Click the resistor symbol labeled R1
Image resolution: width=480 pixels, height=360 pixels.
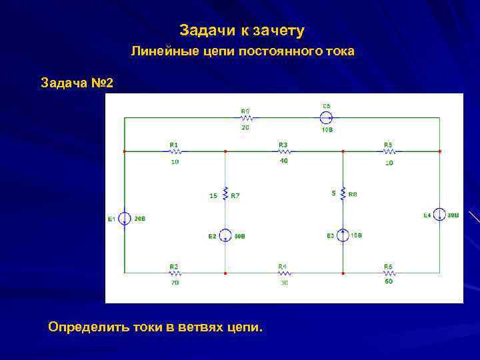[174, 151]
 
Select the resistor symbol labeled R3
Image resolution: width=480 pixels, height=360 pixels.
[283, 151]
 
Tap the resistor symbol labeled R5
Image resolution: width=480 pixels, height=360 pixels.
[388, 151]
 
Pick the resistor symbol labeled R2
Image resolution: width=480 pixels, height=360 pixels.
[174, 273]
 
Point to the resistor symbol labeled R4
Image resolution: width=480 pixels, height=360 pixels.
[283, 273]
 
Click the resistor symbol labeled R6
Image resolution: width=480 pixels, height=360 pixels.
[388, 273]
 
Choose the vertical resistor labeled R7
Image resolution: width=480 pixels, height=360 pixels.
[226, 194]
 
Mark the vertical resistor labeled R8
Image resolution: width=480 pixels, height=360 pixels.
[343, 194]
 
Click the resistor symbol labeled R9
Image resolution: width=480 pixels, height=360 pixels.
[245, 118]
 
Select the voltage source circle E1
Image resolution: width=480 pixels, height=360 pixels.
[125, 219]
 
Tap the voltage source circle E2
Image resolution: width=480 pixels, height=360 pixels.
[226, 235]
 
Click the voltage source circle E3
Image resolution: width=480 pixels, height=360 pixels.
[343, 235]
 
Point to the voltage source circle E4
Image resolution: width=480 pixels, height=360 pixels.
[439, 215]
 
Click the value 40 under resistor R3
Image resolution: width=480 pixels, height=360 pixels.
[283, 161]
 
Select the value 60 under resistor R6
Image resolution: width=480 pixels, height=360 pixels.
[388, 283]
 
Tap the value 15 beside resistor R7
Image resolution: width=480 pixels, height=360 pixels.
[213, 195]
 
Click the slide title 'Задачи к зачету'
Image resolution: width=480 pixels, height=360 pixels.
[242, 31]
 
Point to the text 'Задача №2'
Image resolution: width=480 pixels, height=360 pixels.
[77, 83]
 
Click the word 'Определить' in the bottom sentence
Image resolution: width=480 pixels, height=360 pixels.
[81, 327]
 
